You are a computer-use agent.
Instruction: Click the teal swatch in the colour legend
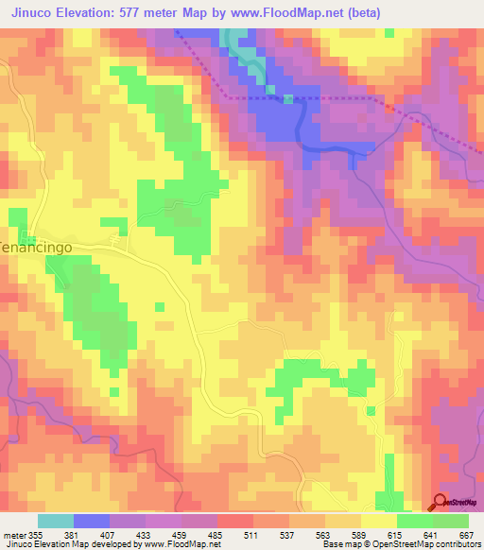(x=56, y=521)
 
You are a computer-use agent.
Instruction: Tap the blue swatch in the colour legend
(x=92, y=521)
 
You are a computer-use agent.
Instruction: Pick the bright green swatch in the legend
(x=414, y=521)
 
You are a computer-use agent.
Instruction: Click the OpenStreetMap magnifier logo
(x=441, y=502)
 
